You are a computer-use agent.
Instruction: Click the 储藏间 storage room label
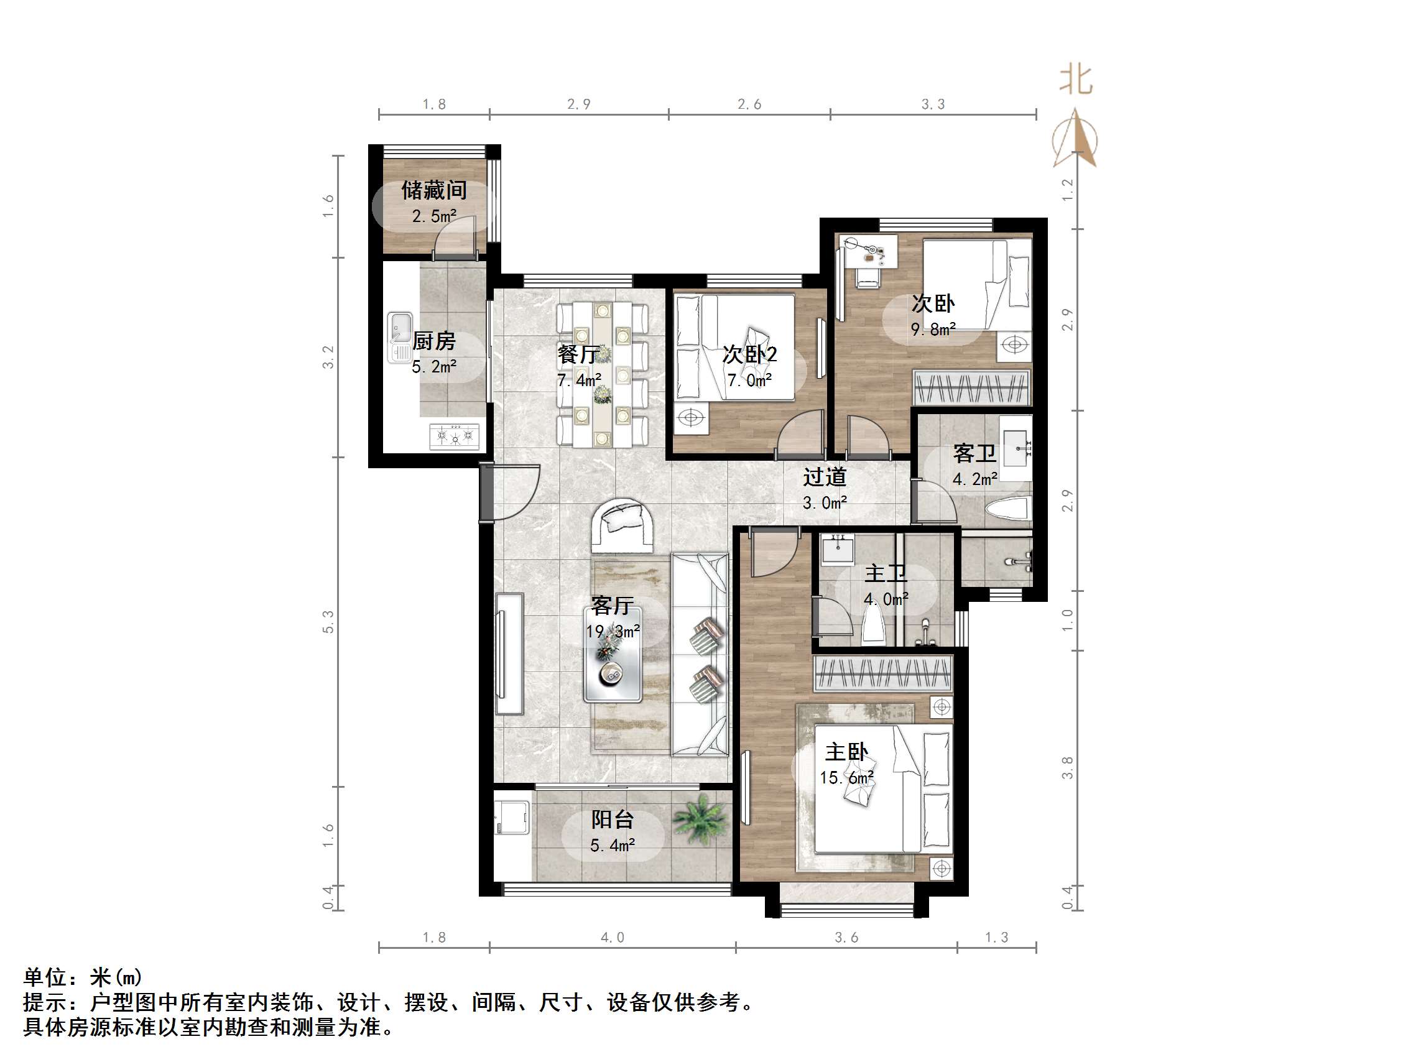tap(433, 190)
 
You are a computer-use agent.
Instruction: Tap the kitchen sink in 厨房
tap(400, 338)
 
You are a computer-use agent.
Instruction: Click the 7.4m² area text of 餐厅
tap(579, 381)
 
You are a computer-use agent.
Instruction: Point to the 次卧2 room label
tap(749, 354)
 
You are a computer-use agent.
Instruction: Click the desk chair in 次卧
tap(868, 277)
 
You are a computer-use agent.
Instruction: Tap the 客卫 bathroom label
tap(974, 453)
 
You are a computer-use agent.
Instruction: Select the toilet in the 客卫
tap(1007, 510)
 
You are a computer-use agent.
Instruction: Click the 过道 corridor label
tap(825, 477)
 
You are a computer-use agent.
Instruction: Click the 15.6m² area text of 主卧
tap(847, 778)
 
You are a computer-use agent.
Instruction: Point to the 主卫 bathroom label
tap(886, 573)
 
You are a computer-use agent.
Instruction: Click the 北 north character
tap(1075, 81)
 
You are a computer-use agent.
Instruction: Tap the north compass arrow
tap(1075, 137)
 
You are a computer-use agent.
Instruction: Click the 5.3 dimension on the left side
tap(328, 622)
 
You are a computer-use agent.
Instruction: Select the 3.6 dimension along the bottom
tap(846, 938)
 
